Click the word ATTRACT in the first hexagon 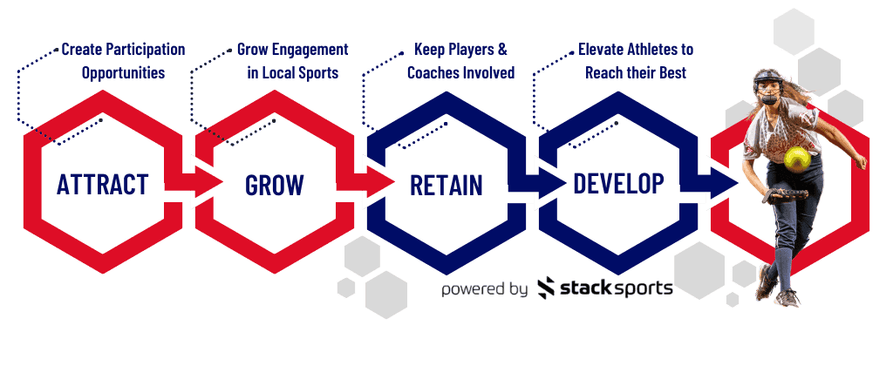pyautogui.click(x=103, y=184)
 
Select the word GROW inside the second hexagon pyautogui.click(x=275, y=185)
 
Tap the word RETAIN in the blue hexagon pyautogui.click(x=446, y=185)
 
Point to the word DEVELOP pyautogui.click(x=618, y=183)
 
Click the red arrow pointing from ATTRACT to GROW pyautogui.click(x=194, y=183)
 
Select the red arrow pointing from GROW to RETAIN pyautogui.click(x=365, y=183)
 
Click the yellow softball pyautogui.click(x=797, y=159)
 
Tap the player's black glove pyautogui.click(x=787, y=196)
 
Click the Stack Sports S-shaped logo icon pyautogui.click(x=546, y=288)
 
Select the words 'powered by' pyautogui.click(x=485, y=288)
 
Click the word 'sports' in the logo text pyautogui.click(x=644, y=288)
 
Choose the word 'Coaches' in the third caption pyautogui.click(x=431, y=73)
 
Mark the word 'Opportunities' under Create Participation pyautogui.click(x=124, y=73)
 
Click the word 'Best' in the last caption pyautogui.click(x=673, y=73)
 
